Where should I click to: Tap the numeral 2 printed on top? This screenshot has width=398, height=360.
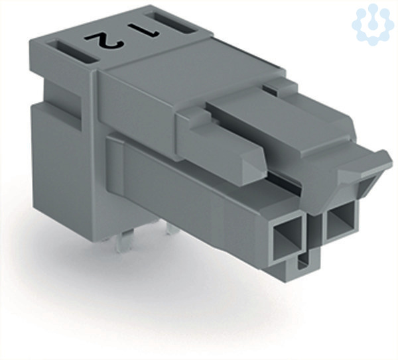(x=104, y=40)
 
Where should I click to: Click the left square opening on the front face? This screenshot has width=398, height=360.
(x=288, y=238)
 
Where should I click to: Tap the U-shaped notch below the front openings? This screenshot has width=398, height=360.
(x=304, y=262)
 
